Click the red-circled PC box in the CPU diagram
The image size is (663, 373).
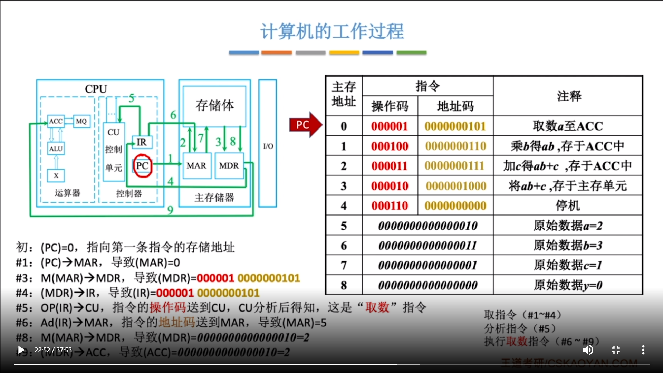tap(142, 166)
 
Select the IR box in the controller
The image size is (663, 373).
tap(142, 142)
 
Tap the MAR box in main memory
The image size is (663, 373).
tap(196, 166)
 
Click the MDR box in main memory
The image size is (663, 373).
tap(229, 166)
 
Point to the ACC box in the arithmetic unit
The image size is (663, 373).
tap(56, 121)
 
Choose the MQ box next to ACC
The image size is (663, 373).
tap(81, 121)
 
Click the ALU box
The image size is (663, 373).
tap(56, 149)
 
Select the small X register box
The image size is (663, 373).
tap(56, 175)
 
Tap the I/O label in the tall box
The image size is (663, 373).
tap(268, 146)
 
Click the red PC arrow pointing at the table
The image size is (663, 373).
tap(304, 125)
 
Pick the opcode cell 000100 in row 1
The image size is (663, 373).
tap(390, 146)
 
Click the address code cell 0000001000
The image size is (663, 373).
tap(455, 186)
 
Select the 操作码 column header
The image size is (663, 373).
tap(390, 106)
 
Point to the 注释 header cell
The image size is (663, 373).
tap(568, 96)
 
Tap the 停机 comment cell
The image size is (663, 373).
tap(568, 206)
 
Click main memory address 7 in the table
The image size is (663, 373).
tap(344, 265)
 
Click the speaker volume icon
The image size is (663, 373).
tap(588, 350)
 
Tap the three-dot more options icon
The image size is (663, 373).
tap(643, 350)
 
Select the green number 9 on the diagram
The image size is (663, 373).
tap(170, 210)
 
